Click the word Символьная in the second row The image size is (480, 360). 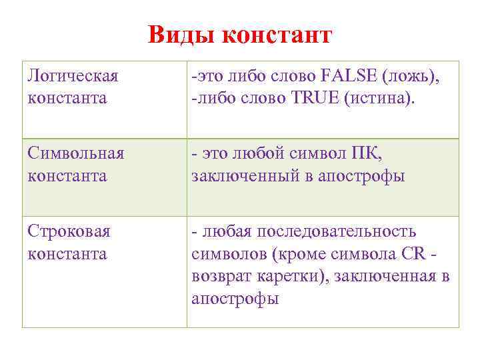point(76,154)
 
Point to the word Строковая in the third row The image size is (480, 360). point(69,232)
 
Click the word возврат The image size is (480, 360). point(221,277)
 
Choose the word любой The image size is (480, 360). point(262,154)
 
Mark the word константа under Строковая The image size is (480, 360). point(67,254)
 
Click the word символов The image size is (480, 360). point(223,254)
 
